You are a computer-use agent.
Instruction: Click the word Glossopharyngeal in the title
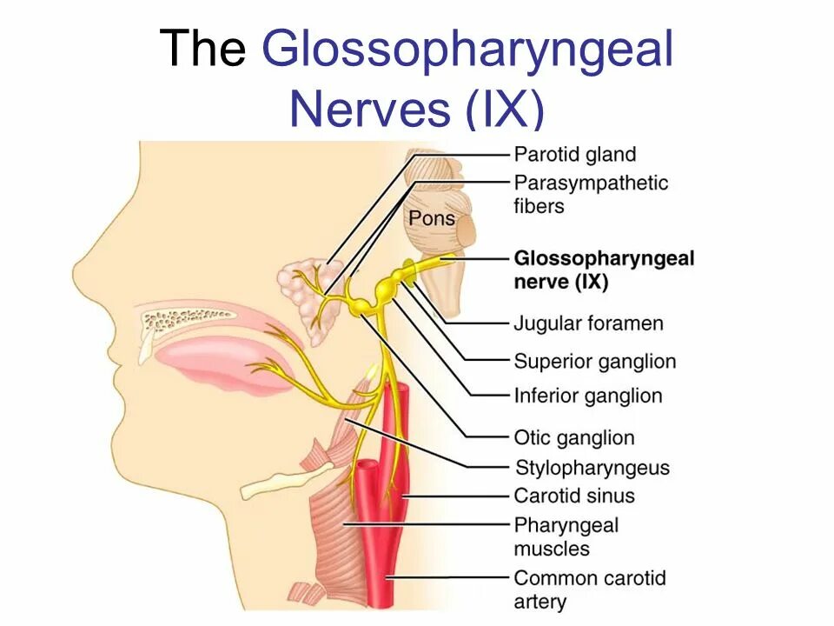click(467, 50)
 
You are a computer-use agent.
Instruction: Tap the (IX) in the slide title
click(503, 110)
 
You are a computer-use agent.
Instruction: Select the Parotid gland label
click(575, 155)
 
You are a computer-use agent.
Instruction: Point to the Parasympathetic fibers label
click(591, 194)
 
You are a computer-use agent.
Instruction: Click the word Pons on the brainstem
click(432, 216)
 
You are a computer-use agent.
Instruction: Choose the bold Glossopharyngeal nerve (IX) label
click(604, 270)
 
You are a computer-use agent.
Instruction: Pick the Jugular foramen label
click(588, 323)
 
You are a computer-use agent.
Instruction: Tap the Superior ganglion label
click(594, 361)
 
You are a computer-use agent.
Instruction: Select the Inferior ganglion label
click(587, 396)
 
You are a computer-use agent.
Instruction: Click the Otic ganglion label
click(574, 437)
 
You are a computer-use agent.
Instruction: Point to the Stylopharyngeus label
click(592, 468)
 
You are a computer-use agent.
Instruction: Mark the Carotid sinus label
click(574, 496)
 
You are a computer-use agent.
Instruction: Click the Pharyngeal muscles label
click(566, 536)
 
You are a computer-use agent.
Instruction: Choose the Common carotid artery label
click(588, 589)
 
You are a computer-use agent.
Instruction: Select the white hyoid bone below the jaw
click(278, 483)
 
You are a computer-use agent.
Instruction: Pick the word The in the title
click(203, 50)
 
